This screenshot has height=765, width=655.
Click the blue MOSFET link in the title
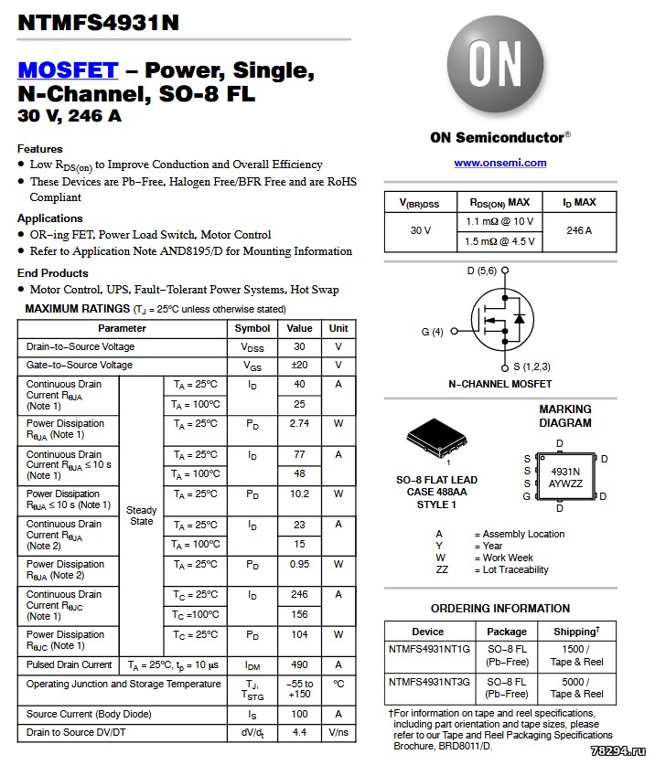point(68,70)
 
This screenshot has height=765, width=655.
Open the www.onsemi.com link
point(499,163)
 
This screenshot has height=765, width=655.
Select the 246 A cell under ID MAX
point(579,230)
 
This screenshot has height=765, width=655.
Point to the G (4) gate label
point(432,332)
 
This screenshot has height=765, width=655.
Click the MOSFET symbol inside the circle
point(500,319)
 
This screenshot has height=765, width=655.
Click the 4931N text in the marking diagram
point(565,472)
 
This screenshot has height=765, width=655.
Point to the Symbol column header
point(252,328)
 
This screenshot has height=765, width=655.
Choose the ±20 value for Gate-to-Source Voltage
point(299,366)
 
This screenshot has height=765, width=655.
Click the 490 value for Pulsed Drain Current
point(299,664)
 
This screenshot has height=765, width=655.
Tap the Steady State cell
point(142,515)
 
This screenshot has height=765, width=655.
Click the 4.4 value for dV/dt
point(299,732)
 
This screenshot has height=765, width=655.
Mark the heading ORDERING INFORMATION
point(499,609)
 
